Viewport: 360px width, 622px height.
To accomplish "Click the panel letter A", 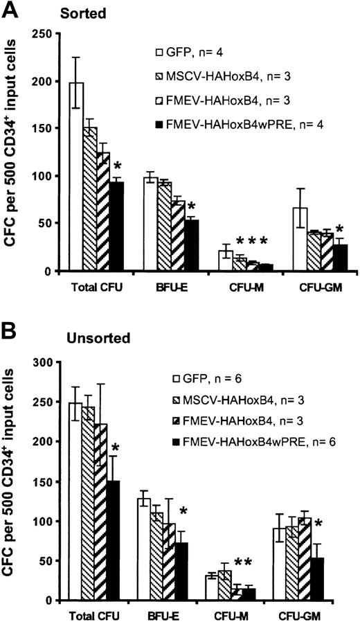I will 12,8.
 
